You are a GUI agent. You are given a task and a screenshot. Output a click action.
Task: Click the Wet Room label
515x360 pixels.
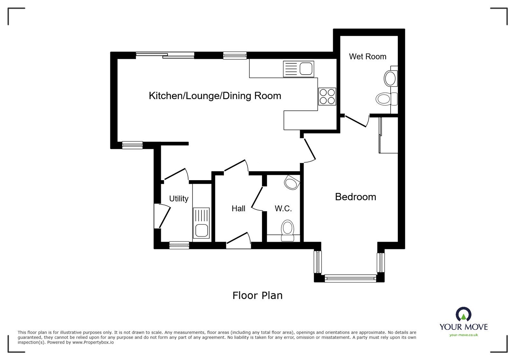pyautogui.click(x=367, y=57)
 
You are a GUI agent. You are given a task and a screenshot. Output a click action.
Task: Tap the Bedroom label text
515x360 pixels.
pyautogui.click(x=355, y=197)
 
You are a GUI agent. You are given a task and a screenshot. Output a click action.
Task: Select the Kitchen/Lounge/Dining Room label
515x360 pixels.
pyautogui.click(x=215, y=96)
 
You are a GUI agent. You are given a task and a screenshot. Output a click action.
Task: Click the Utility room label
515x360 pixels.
pyautogui.click(x=179, y=198)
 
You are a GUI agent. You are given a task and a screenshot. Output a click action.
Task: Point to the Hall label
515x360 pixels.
pyautogui.click(x=239, y=208)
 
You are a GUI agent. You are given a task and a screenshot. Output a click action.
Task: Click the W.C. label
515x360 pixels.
pyautogui.click(x=283, y=208)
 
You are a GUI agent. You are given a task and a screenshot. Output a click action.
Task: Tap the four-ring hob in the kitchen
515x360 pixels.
pyautogui.click(x=327, y=96)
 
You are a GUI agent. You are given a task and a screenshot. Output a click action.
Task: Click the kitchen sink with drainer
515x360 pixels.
pyautogui.click(x=298, y=69)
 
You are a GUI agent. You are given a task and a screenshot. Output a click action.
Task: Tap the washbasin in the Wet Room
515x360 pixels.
pyautogui.click(x=390, y=78)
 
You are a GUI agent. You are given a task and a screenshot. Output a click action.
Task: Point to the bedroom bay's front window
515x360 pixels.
pyautogui.click(x=350, y=278)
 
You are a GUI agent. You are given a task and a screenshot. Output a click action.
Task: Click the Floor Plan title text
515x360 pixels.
pyautogui.click(x=257, y=295)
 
